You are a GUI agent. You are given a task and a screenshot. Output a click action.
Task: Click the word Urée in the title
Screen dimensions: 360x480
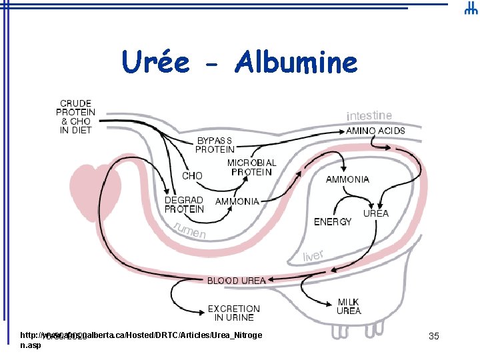155,63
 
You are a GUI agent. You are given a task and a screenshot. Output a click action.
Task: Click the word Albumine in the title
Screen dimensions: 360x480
296,63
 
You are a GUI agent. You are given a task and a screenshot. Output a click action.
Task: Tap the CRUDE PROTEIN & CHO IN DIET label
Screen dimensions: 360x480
75,117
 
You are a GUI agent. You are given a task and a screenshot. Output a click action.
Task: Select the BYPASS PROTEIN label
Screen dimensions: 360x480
214,145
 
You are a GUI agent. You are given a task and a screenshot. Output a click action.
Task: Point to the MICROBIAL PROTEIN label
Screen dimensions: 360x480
251,167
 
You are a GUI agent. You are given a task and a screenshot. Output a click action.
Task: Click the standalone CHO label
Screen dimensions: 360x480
192,176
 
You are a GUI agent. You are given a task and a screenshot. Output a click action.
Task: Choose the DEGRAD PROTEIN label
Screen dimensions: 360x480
184,205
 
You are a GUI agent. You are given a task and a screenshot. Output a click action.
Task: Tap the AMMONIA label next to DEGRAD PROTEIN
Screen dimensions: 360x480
237,201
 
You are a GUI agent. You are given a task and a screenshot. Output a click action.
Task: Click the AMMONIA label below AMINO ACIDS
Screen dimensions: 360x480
347,179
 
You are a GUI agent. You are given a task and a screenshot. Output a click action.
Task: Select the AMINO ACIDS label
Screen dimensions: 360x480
375,131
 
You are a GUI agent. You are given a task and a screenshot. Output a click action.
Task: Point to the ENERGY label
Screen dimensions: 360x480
333,222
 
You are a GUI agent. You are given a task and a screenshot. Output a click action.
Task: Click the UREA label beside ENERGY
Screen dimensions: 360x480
375,213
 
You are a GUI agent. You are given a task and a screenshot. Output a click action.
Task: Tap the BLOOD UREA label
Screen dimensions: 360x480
236,281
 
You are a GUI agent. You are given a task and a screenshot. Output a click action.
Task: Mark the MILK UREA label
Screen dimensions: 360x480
349,307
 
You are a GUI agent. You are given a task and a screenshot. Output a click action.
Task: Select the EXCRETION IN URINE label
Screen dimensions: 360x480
233,313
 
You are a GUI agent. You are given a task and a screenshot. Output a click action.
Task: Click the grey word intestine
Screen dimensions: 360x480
369,116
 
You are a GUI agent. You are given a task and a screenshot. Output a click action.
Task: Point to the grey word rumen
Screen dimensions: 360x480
190,230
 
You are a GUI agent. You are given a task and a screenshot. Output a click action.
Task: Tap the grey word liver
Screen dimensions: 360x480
313,256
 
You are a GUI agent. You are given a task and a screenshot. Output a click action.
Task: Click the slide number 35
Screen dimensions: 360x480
433,336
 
